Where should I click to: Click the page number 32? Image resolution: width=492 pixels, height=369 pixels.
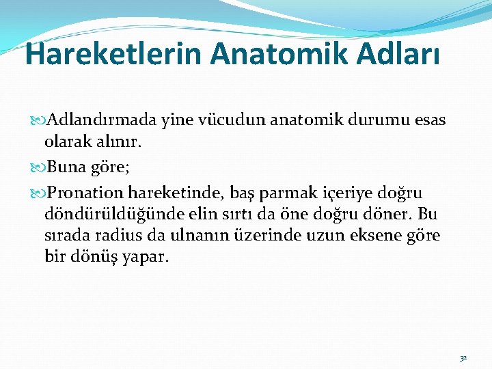point(463,357)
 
